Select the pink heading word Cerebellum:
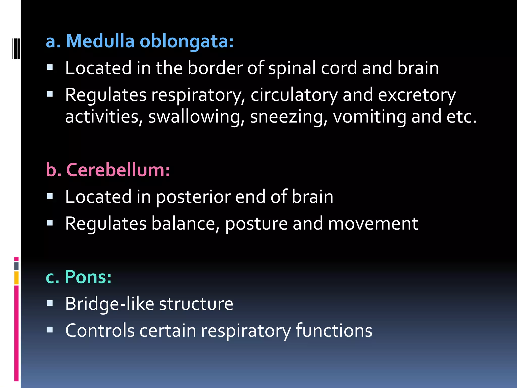pyautogui.click(x=118, y=170)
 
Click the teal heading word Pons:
pyautogui.click(x=88, y=277)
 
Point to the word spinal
pyautogui.click(x=292, y=68)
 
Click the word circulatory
pyautogui.click(x=294, y=95)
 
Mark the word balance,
pyautogui.click(x=185, y=224)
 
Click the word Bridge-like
pyautogui.click(x=110, y=304)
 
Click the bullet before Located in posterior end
pyautogui.click(x=50, y=196)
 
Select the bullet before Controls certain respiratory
pyautogui.click(x=50, y=330)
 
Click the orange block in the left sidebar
pyautogui.click(x=16, y=278)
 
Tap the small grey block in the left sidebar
pyautogui.click(x=16, y=266)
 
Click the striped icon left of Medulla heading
pyautogui.click(x=16, y=48)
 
